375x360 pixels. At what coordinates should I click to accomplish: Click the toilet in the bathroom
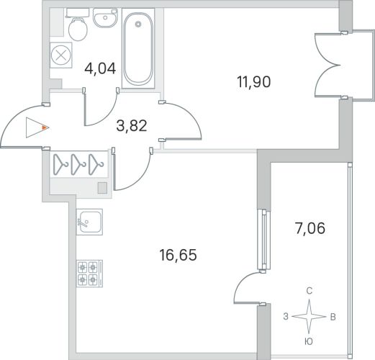coord(78,24)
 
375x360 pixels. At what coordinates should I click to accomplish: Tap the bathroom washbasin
coord(105,18)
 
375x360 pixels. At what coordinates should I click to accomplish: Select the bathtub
coord(138,48)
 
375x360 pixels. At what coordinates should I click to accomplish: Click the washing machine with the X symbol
coord(61,55)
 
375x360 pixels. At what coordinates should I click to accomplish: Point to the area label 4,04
coord(100,68)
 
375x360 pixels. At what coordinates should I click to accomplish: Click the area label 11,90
coord(254,81)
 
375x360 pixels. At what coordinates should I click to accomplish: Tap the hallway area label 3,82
coord(132,126)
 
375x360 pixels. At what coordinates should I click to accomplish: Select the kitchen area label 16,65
coord(178,255)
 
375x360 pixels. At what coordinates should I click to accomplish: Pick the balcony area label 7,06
coord(310,228)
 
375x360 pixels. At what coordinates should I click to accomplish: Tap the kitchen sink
coord(89,222)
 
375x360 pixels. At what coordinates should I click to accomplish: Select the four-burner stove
coord(89,274)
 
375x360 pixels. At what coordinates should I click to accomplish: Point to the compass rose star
coord(309,317)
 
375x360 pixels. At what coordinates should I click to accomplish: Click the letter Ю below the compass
coord(309,341)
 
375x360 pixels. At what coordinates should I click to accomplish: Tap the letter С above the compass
coord(310,291)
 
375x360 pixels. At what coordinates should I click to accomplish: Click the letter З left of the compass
coord(286,317)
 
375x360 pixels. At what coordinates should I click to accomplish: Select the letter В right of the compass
coord(333,317)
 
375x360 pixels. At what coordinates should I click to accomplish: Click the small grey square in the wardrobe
coord(102,188)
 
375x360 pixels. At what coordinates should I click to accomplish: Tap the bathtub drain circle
coord(138,24)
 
